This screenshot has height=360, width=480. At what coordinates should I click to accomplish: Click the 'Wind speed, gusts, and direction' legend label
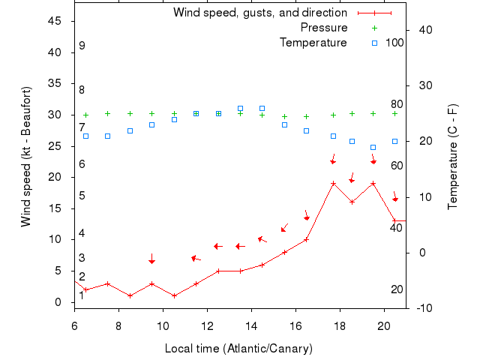259,13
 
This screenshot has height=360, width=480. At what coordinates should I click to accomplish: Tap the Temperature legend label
313,43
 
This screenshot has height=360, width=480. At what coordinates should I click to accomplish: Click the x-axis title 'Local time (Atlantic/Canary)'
238,349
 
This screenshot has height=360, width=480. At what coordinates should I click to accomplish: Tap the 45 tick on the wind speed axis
55,21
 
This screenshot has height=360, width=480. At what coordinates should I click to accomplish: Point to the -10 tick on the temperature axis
423,307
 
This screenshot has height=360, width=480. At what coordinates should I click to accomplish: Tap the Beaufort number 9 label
82,46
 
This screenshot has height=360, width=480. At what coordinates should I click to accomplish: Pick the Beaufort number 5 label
82,196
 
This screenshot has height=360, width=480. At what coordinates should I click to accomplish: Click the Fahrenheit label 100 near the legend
394,43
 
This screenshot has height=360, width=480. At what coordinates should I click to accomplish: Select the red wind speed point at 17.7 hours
333,183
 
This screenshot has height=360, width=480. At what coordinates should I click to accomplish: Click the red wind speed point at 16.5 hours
307,240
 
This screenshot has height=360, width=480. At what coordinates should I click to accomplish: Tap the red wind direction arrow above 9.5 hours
151,258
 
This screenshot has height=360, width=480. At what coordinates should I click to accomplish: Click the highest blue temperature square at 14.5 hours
262,109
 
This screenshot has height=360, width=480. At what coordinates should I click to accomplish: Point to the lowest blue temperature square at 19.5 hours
373,147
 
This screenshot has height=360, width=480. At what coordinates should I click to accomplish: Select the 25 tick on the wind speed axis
55,146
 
